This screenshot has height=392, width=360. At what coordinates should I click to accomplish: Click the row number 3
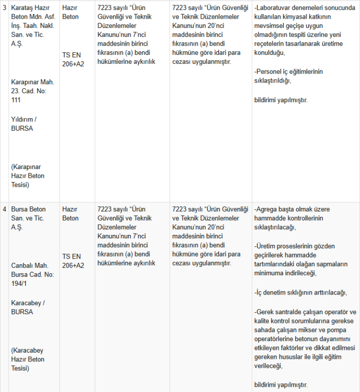pyautogui.click(x=4, y=8)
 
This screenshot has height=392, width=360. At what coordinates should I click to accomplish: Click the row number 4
pyautogui.click(x=4, y=209)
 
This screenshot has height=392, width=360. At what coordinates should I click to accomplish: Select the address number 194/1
pyautogui.click(x=19, y=284)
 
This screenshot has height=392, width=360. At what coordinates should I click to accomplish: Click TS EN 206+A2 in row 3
pyautogui.click(x=73, y=60)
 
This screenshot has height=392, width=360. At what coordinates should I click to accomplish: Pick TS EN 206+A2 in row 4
pyautogui.click(x=73, y=261)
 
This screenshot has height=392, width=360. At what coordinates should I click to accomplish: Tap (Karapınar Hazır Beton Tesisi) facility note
pyautogui.click(x=28, y=176)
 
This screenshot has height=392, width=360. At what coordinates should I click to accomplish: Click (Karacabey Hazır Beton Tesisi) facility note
pyautogui.click(x=28, y=359)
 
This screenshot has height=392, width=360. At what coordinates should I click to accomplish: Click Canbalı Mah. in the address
pyautogui.click(x=29, y=265)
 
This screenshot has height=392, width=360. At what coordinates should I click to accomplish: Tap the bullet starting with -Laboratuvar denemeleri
pyautogui.click(x=305, y=30)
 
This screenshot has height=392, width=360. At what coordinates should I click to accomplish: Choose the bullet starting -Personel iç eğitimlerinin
pyautogui.click(x=288, y=76)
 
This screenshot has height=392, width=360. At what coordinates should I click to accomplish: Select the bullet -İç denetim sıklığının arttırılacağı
pyautogui.click(x=300, y=293)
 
